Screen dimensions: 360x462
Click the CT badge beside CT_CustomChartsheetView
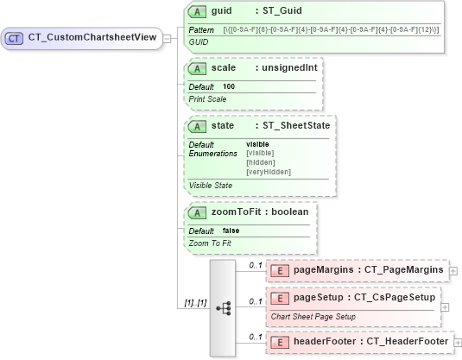(x=14, y=38)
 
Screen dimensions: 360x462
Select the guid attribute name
(x=224, y=11)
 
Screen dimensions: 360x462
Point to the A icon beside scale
(x=196, y=67)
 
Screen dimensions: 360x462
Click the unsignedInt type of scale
(x=290, y=67)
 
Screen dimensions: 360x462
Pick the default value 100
(x=229, y=86)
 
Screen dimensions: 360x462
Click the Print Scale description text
(x=207, y=98)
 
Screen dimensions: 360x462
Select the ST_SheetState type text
(x=297, y=125)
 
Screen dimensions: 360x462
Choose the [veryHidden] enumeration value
(x=269, y=172)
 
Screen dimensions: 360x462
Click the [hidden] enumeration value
(x=261, y=162)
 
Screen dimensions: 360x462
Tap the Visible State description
(x=211, y=185)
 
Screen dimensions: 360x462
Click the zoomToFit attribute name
(x=238, y=212)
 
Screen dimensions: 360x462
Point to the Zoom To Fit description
(x=210, y=243)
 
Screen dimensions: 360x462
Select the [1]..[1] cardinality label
(x=195, y=301)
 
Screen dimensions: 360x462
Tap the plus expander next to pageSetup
(x=445, y=306)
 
